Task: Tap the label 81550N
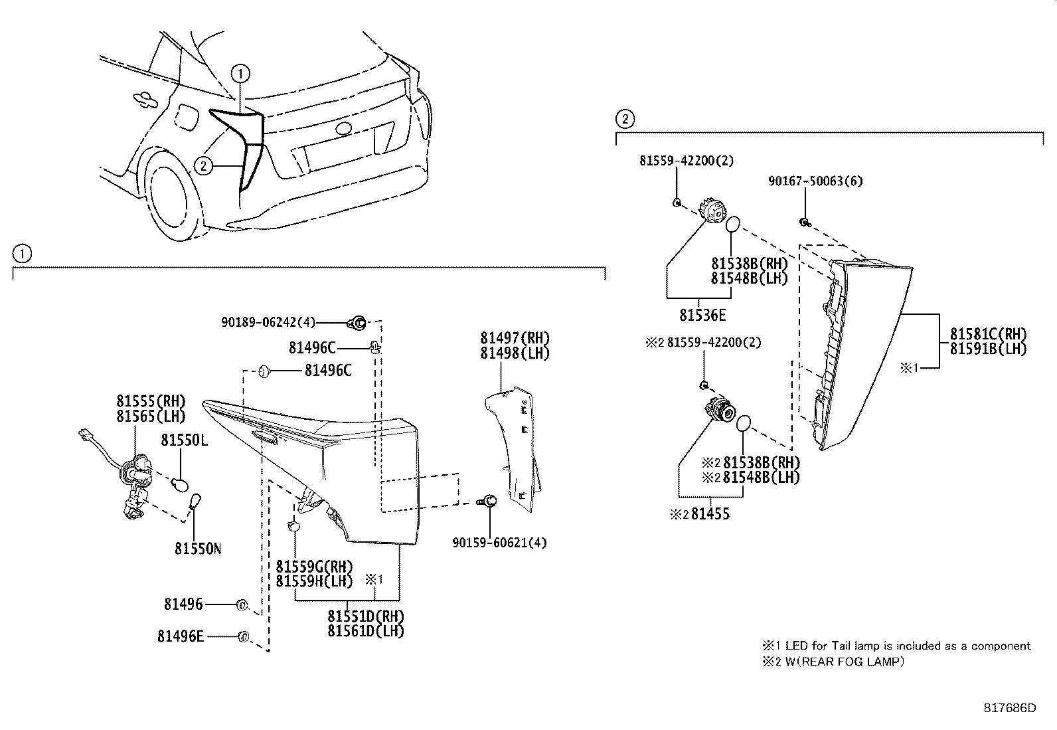198,549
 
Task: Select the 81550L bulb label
184,440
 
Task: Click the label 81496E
180,636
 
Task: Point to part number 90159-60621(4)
499,543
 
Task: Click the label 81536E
702,315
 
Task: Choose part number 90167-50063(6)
815,181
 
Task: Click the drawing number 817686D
1009,708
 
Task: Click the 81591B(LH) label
988,349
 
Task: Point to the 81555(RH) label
151,401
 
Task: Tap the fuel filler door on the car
185,118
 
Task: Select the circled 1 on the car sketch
240,72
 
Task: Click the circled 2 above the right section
624,120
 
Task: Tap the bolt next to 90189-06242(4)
358,323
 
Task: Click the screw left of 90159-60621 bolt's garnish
488,502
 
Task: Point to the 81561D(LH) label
365,631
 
